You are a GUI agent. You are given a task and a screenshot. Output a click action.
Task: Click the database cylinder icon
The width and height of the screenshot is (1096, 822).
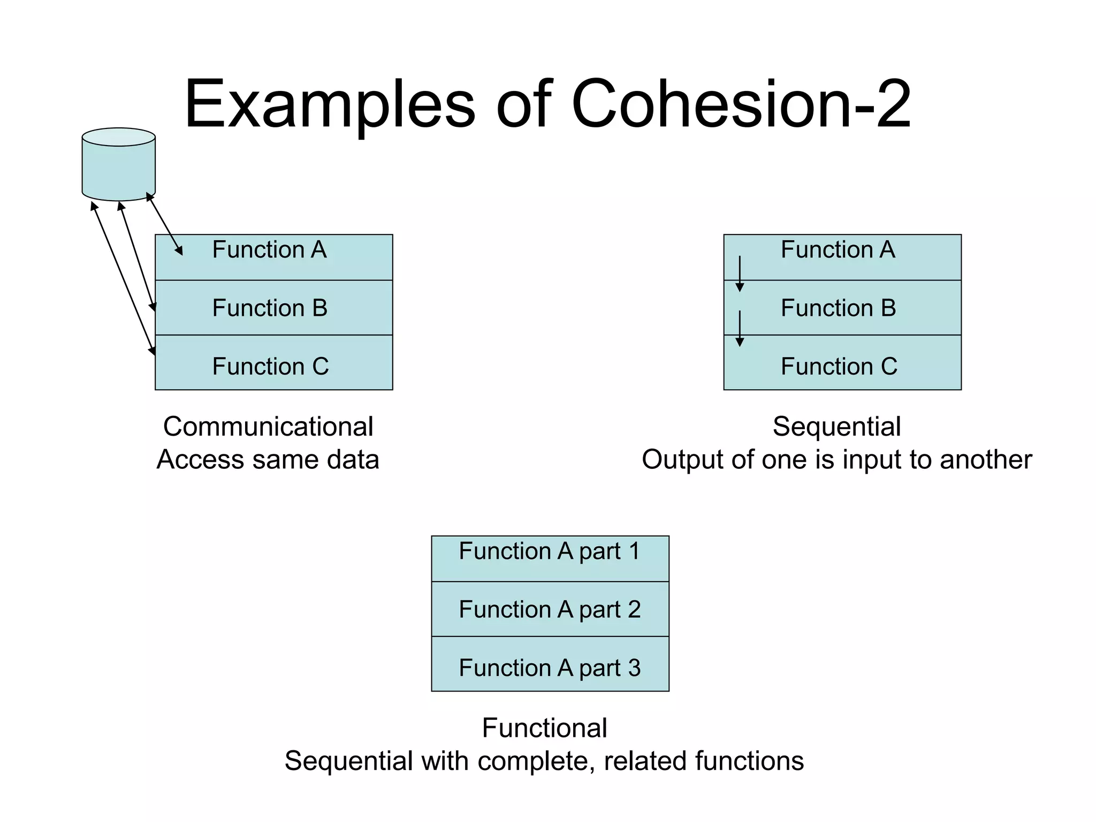(118, 165)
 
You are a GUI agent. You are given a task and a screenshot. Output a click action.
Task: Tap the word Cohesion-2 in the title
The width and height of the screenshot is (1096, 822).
(741, 104)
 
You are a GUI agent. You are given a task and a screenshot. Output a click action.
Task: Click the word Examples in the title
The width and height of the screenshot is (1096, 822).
(330, 104)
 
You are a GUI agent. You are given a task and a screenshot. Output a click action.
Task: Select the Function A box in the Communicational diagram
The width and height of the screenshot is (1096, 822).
(273, 257)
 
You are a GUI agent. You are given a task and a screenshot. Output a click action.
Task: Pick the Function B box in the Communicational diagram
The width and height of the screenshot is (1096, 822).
(273, 308)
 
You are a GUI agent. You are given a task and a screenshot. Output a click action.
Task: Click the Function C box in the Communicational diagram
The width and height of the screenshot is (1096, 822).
(273, 363)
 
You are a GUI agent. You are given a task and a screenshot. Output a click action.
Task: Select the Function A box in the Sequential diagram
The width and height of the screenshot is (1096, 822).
(842, 257)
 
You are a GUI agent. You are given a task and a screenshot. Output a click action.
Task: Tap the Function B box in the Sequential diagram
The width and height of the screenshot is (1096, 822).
(842, 308)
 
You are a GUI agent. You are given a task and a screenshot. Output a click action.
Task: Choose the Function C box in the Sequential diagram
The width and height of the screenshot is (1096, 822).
(842, 363)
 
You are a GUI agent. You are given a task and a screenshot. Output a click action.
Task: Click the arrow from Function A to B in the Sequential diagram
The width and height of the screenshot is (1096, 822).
(740, 273)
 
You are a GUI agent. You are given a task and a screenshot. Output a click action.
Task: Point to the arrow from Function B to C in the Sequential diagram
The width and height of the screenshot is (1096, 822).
(740, 328)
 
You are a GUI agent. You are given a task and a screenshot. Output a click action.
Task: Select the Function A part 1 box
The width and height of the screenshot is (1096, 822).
(550, 558)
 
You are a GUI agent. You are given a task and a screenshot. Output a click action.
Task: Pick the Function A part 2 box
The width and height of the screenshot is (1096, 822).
(550, 609)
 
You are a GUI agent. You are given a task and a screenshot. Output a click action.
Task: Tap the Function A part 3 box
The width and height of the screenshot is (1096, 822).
(550, 664)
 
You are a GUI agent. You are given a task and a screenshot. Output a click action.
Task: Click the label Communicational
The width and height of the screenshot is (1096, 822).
(268, 427)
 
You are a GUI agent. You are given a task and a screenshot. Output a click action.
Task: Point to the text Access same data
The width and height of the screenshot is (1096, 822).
(268, 460)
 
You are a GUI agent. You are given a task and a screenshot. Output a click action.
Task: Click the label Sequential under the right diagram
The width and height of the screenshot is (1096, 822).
(836, 427)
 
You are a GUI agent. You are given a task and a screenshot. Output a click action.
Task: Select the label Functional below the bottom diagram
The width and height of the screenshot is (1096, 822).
(544, 728)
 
